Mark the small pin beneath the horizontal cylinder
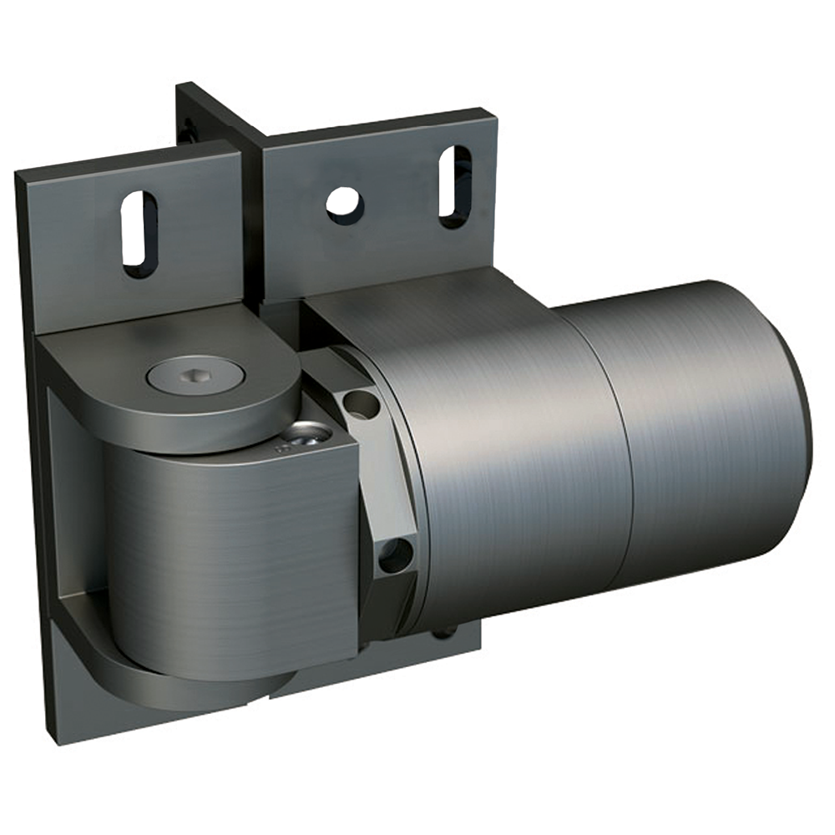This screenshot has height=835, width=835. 443,632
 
